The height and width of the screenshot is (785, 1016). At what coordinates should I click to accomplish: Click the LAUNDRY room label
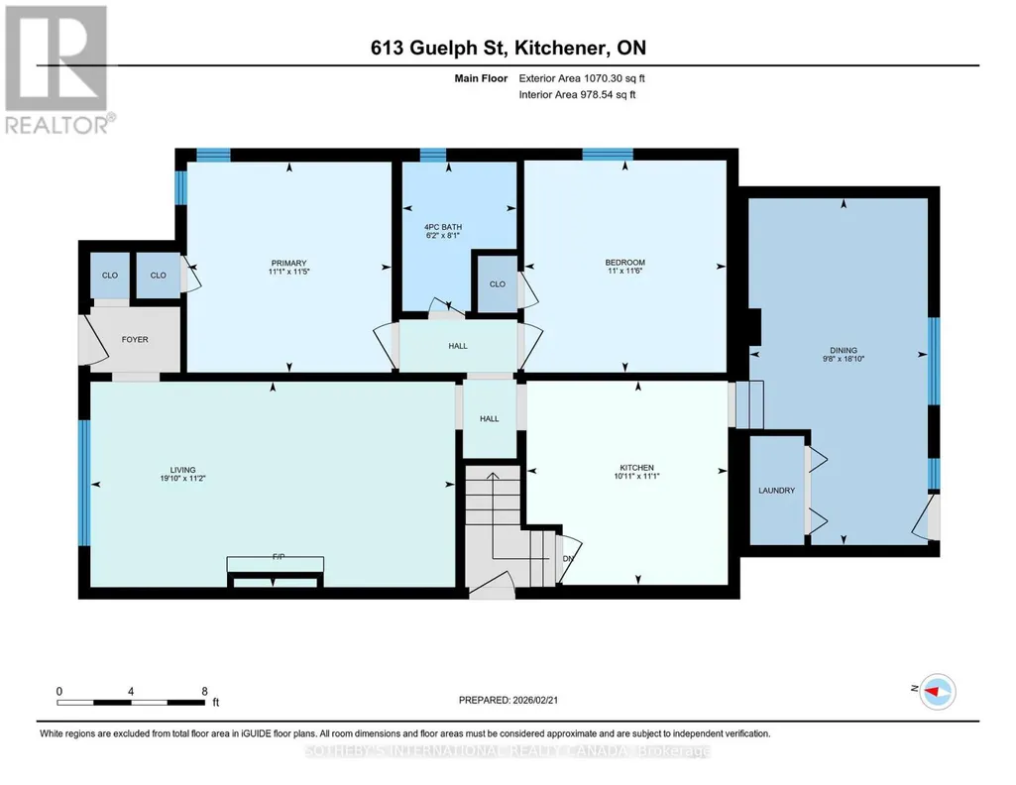pos(776,491)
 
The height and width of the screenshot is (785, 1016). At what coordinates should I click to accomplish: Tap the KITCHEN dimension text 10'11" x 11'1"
pos(636,476)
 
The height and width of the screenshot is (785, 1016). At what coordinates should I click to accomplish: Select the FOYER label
pos(135,339)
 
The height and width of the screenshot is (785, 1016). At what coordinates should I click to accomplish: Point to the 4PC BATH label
pos(443,227)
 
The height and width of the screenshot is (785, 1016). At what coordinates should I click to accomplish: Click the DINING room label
pos(843,351)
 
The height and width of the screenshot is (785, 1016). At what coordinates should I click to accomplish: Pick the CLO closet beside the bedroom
pos(497,283)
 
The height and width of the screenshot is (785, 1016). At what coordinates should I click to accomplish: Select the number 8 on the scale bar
pos(205,691)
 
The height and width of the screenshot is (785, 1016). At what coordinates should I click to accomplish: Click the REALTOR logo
pos(56,69)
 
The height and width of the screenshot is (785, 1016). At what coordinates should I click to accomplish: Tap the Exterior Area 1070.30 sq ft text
pos(582,78)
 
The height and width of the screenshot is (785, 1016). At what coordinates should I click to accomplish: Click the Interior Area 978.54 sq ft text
pos(577,94)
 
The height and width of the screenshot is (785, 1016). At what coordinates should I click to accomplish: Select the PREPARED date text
pos(508,700)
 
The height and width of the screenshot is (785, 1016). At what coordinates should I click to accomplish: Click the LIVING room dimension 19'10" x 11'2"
pos(182,479)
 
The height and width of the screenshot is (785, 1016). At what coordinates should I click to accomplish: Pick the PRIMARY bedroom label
pos(288,263)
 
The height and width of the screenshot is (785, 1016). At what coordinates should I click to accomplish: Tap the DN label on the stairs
pos(568,559)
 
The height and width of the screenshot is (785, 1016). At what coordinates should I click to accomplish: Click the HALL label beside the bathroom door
pos(458,346)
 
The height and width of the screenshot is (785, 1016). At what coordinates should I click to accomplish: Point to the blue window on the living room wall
pos(84,483)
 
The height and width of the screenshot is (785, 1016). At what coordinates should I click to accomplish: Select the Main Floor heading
pos(481,78)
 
